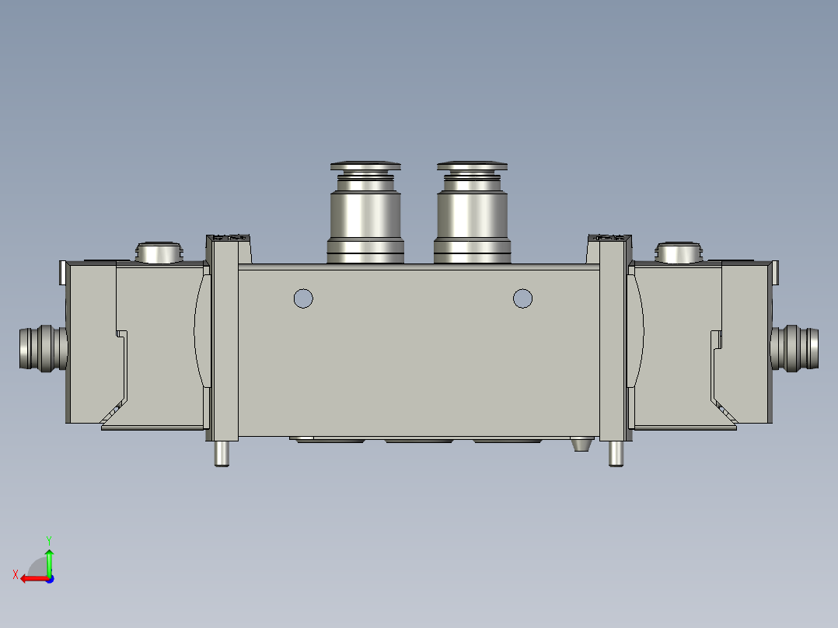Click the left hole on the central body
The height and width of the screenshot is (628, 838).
(303, 298)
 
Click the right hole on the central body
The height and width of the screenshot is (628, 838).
(522, 298)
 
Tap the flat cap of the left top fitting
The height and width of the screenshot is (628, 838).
(365, 166)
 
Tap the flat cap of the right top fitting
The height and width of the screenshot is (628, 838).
(472, 166)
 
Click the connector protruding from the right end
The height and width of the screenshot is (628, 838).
(794, 347)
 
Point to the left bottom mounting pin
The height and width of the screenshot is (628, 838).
(222, 453)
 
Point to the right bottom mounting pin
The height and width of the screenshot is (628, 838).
(616, 453)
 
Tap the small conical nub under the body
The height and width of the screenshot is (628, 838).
(580, 446)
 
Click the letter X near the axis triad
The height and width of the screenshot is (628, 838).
(15, 574)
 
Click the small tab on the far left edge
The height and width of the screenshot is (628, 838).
(62, 272)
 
